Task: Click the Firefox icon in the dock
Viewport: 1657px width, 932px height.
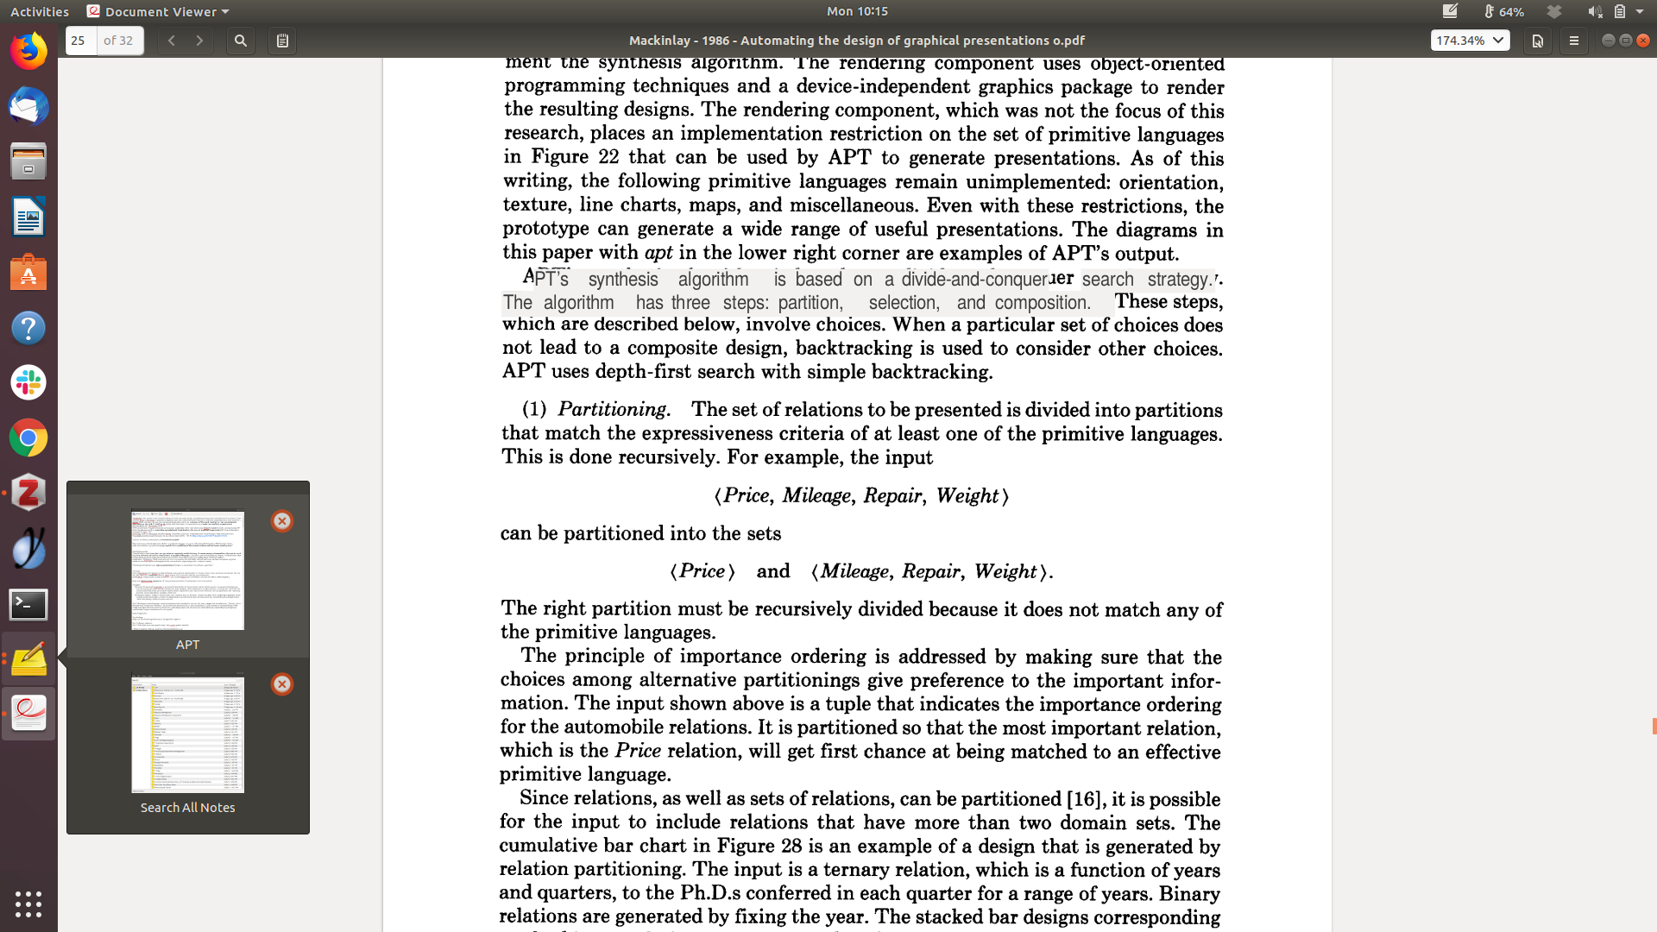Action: click(28, 52)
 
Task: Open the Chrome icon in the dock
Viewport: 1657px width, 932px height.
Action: click(28, 438)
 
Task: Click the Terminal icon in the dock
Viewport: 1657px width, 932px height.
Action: click(28, 604)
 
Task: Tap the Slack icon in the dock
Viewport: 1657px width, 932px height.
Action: click(28, 382)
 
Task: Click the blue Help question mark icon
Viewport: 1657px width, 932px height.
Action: click(28, 328)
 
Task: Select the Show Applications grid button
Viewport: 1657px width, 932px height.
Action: click(28, 904)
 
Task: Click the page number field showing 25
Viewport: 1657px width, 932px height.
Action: click(81, 41)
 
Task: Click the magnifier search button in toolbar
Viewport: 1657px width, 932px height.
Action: click(241, 41)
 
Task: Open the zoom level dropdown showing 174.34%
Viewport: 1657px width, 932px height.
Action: click(1470, 41)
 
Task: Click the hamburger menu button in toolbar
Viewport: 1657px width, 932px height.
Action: click(1573, 41)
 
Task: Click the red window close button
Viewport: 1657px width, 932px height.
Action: click(1643, 41)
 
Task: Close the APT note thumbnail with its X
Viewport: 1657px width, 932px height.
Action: click(282, 521)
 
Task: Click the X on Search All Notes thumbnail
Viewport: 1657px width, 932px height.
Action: click(282, 684)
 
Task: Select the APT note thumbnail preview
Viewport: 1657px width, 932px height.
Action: click(187, 570)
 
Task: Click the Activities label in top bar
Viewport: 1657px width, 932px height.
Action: click(40, 11)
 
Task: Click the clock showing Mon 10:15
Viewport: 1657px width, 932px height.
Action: click(857, 11)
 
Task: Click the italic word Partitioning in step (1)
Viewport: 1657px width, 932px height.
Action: click(612, 409)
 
